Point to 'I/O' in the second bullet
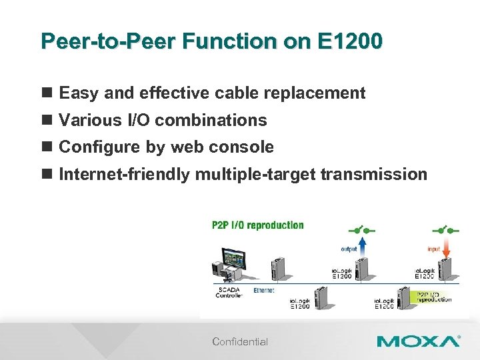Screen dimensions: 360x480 tap(139, 120)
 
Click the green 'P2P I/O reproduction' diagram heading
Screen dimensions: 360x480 tap(257, 225)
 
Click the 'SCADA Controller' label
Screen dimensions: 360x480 tap(229, 293)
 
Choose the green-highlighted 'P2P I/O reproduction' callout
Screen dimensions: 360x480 tap(434, 296)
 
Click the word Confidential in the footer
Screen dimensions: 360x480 tap(240, 342)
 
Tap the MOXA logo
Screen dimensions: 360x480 tap(418, 341)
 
